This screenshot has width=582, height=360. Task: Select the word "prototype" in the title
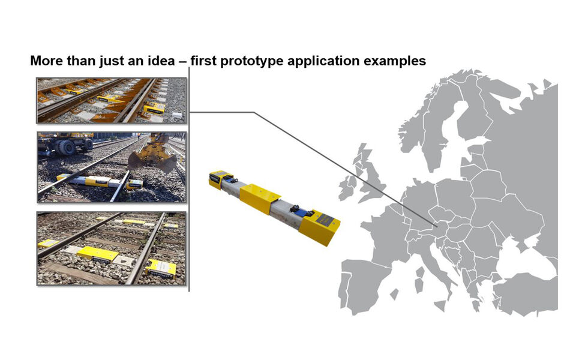pyautogui.click(x=252, y=61)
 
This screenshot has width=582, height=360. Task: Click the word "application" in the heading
pyautogui.click(x=323, y=61)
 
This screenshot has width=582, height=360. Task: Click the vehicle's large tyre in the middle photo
pyautogui.click(x=67, y=147)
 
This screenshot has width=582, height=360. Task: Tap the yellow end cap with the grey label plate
pyautogui.click(x=320, y=226)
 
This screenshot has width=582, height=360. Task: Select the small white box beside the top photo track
pyautogui.click(x=178, y=115)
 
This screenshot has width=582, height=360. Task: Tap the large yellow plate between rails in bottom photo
pyautogui.click(x=98, y=254)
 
